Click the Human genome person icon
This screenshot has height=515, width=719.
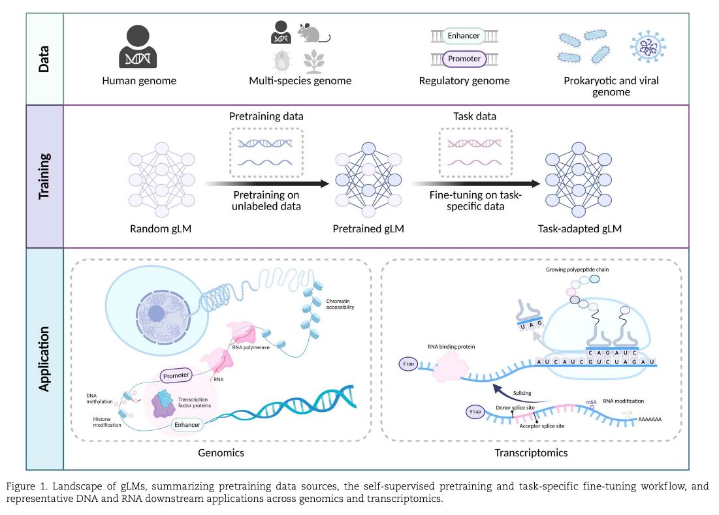point(138,46)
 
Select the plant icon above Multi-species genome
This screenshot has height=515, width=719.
point(315,61)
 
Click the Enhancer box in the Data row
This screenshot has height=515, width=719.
point(463,35)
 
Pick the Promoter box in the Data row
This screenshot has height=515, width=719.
point(463,59)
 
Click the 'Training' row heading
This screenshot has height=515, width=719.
point(44,176)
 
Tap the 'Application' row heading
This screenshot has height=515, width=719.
point(44,359)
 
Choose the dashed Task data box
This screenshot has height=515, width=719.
point(475,153)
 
